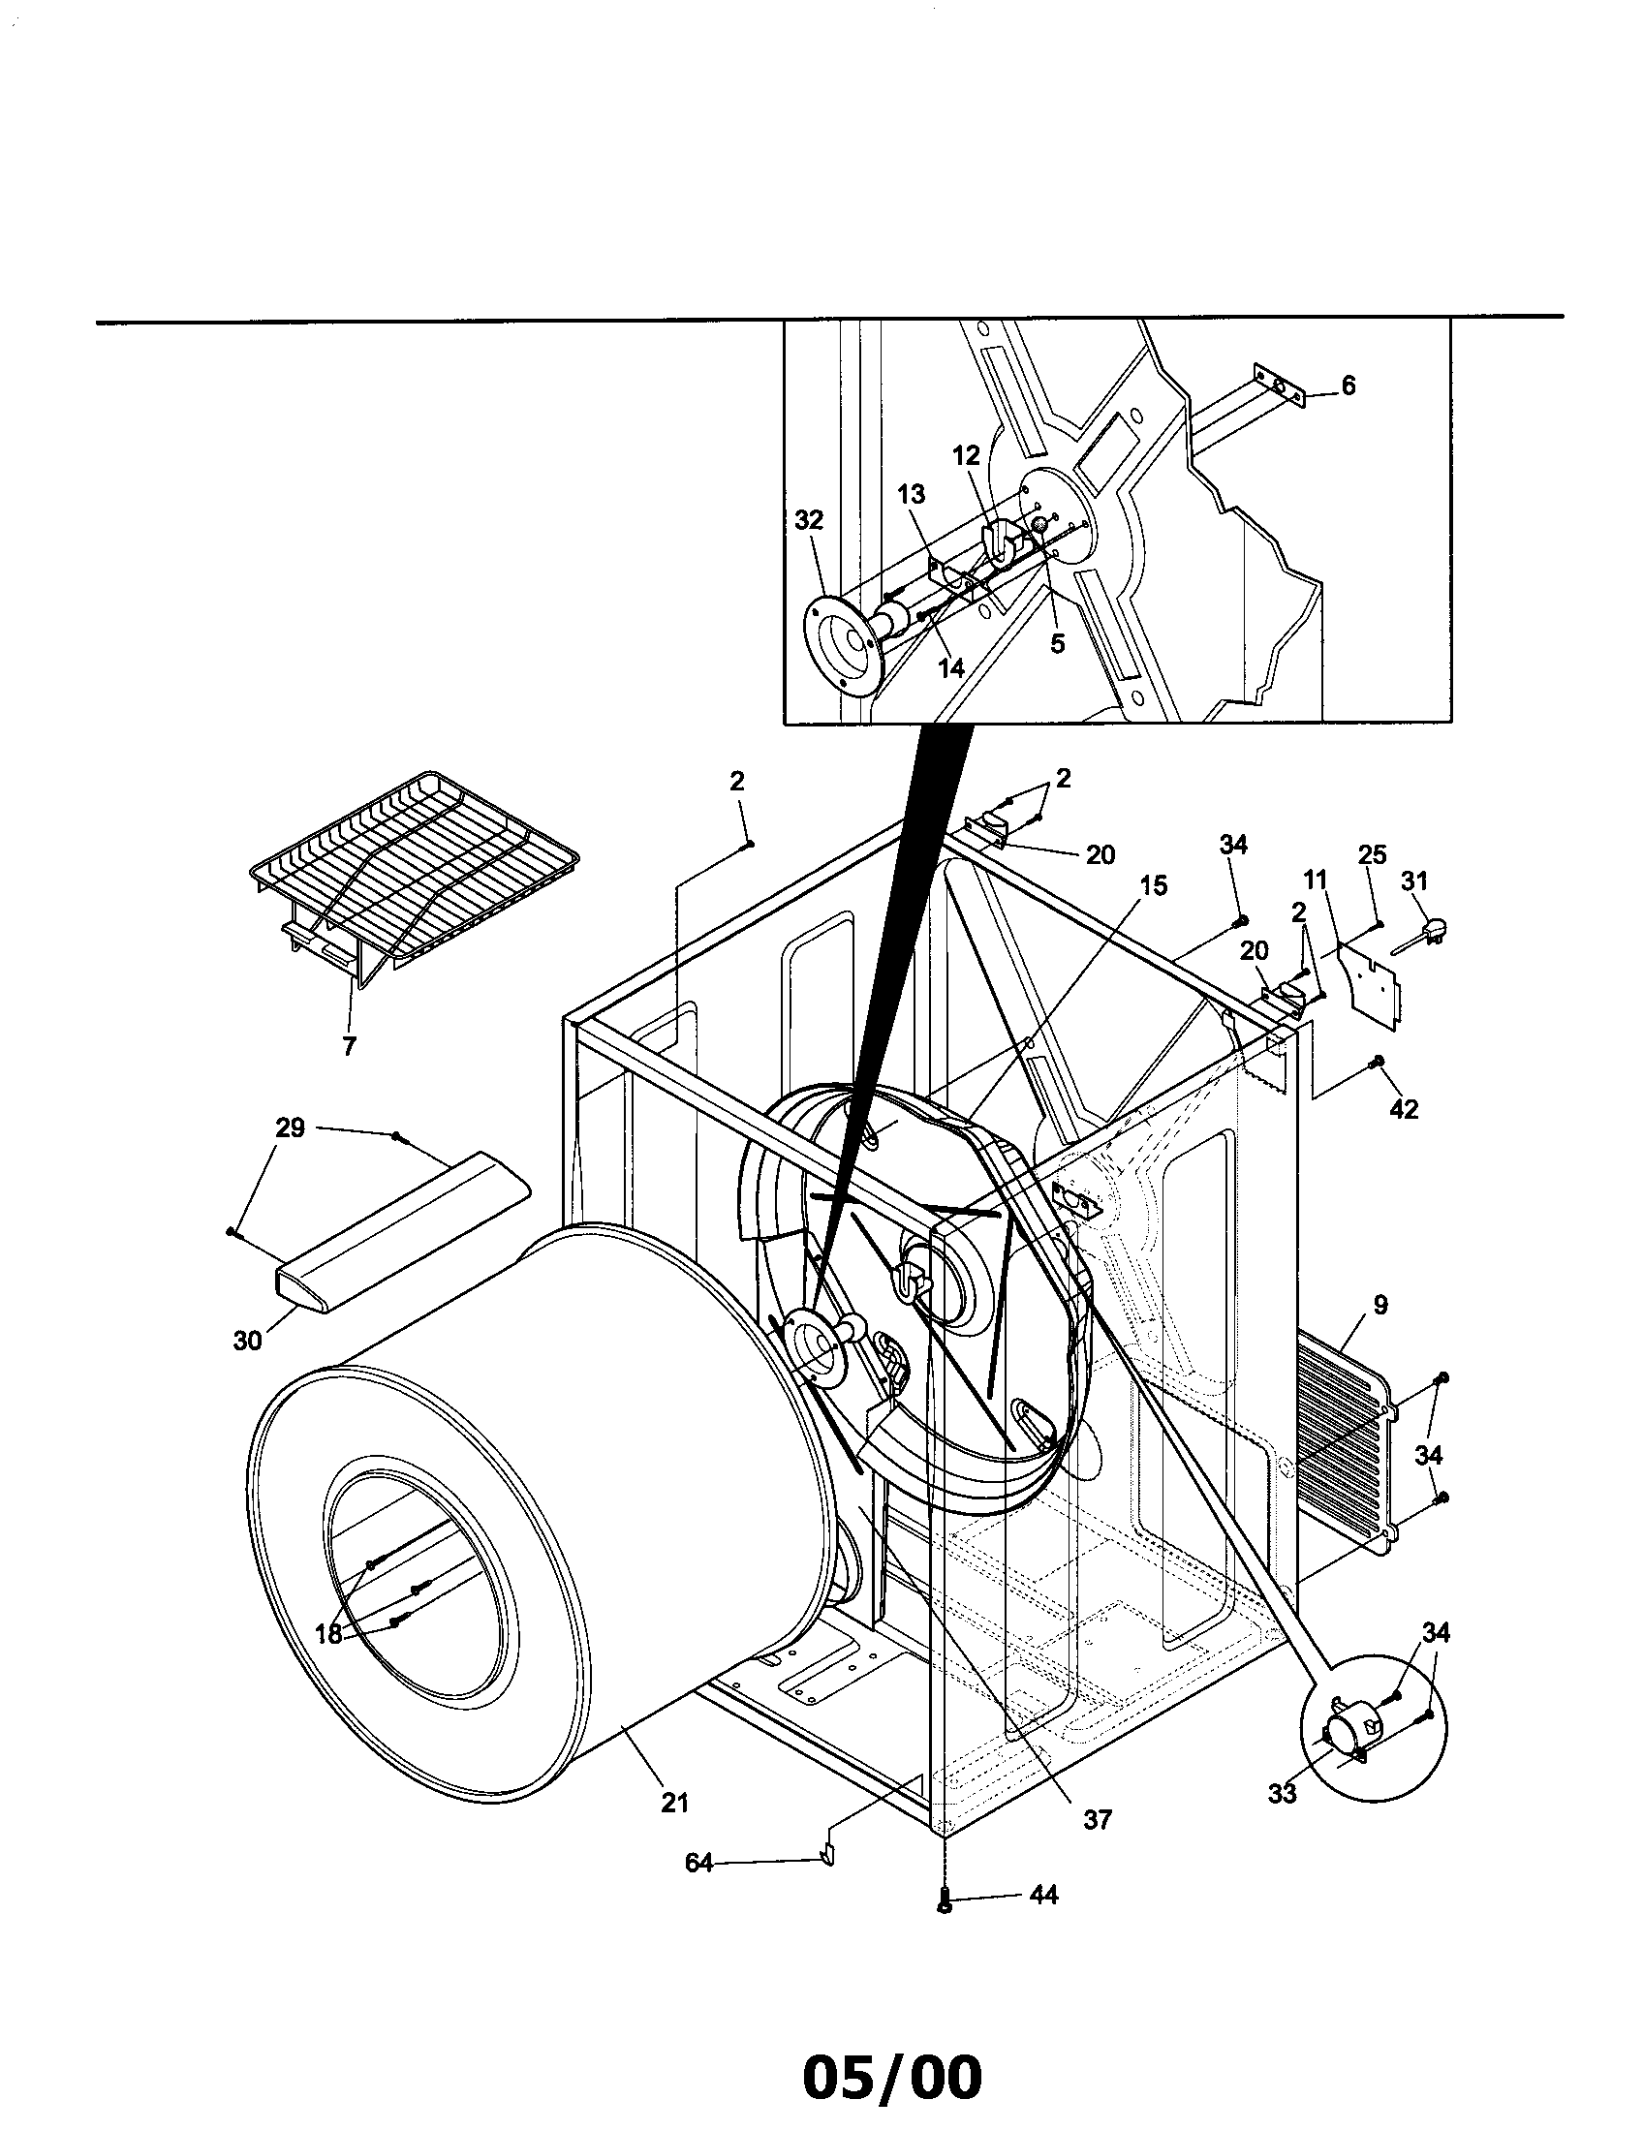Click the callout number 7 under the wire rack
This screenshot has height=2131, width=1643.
coord(349,1047)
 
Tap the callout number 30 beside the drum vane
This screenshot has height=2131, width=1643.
coord(247,1341)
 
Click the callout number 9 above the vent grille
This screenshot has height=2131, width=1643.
coord(1379,1304)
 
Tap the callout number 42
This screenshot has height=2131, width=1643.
coord(1403,1108)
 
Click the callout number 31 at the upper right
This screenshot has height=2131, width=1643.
coord(1413,880)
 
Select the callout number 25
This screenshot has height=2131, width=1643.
coord(1372,854)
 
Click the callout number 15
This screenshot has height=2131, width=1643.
coord(1152,885)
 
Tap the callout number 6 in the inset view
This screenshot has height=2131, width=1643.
coord(1348,386)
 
